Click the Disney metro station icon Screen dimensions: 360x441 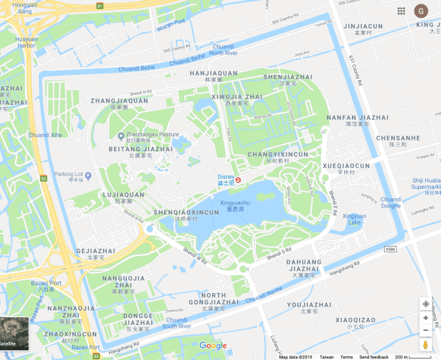(239, 180)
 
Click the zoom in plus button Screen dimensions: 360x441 (425, 318)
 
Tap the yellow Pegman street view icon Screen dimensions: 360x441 (425, 345)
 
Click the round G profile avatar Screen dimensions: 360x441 (422, 11)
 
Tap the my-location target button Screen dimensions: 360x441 (425, 303)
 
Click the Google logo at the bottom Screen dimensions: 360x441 (213, 346)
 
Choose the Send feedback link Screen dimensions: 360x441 (373, 356)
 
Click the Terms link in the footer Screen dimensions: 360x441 (346, 356)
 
